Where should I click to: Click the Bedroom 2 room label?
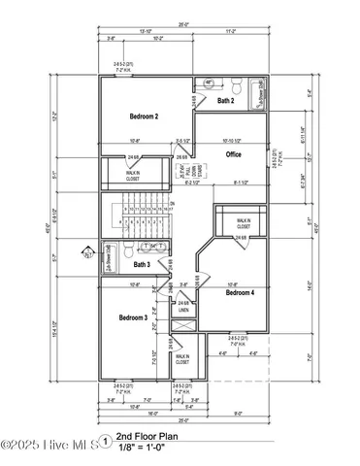tap(144, 116)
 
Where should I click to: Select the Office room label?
tap(234, 154)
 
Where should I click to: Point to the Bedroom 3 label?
tap(133, 317)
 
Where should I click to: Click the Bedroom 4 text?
tap(240, 291)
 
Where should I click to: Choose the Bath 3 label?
tap(141, 264)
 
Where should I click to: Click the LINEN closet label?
tap(182, 311)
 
